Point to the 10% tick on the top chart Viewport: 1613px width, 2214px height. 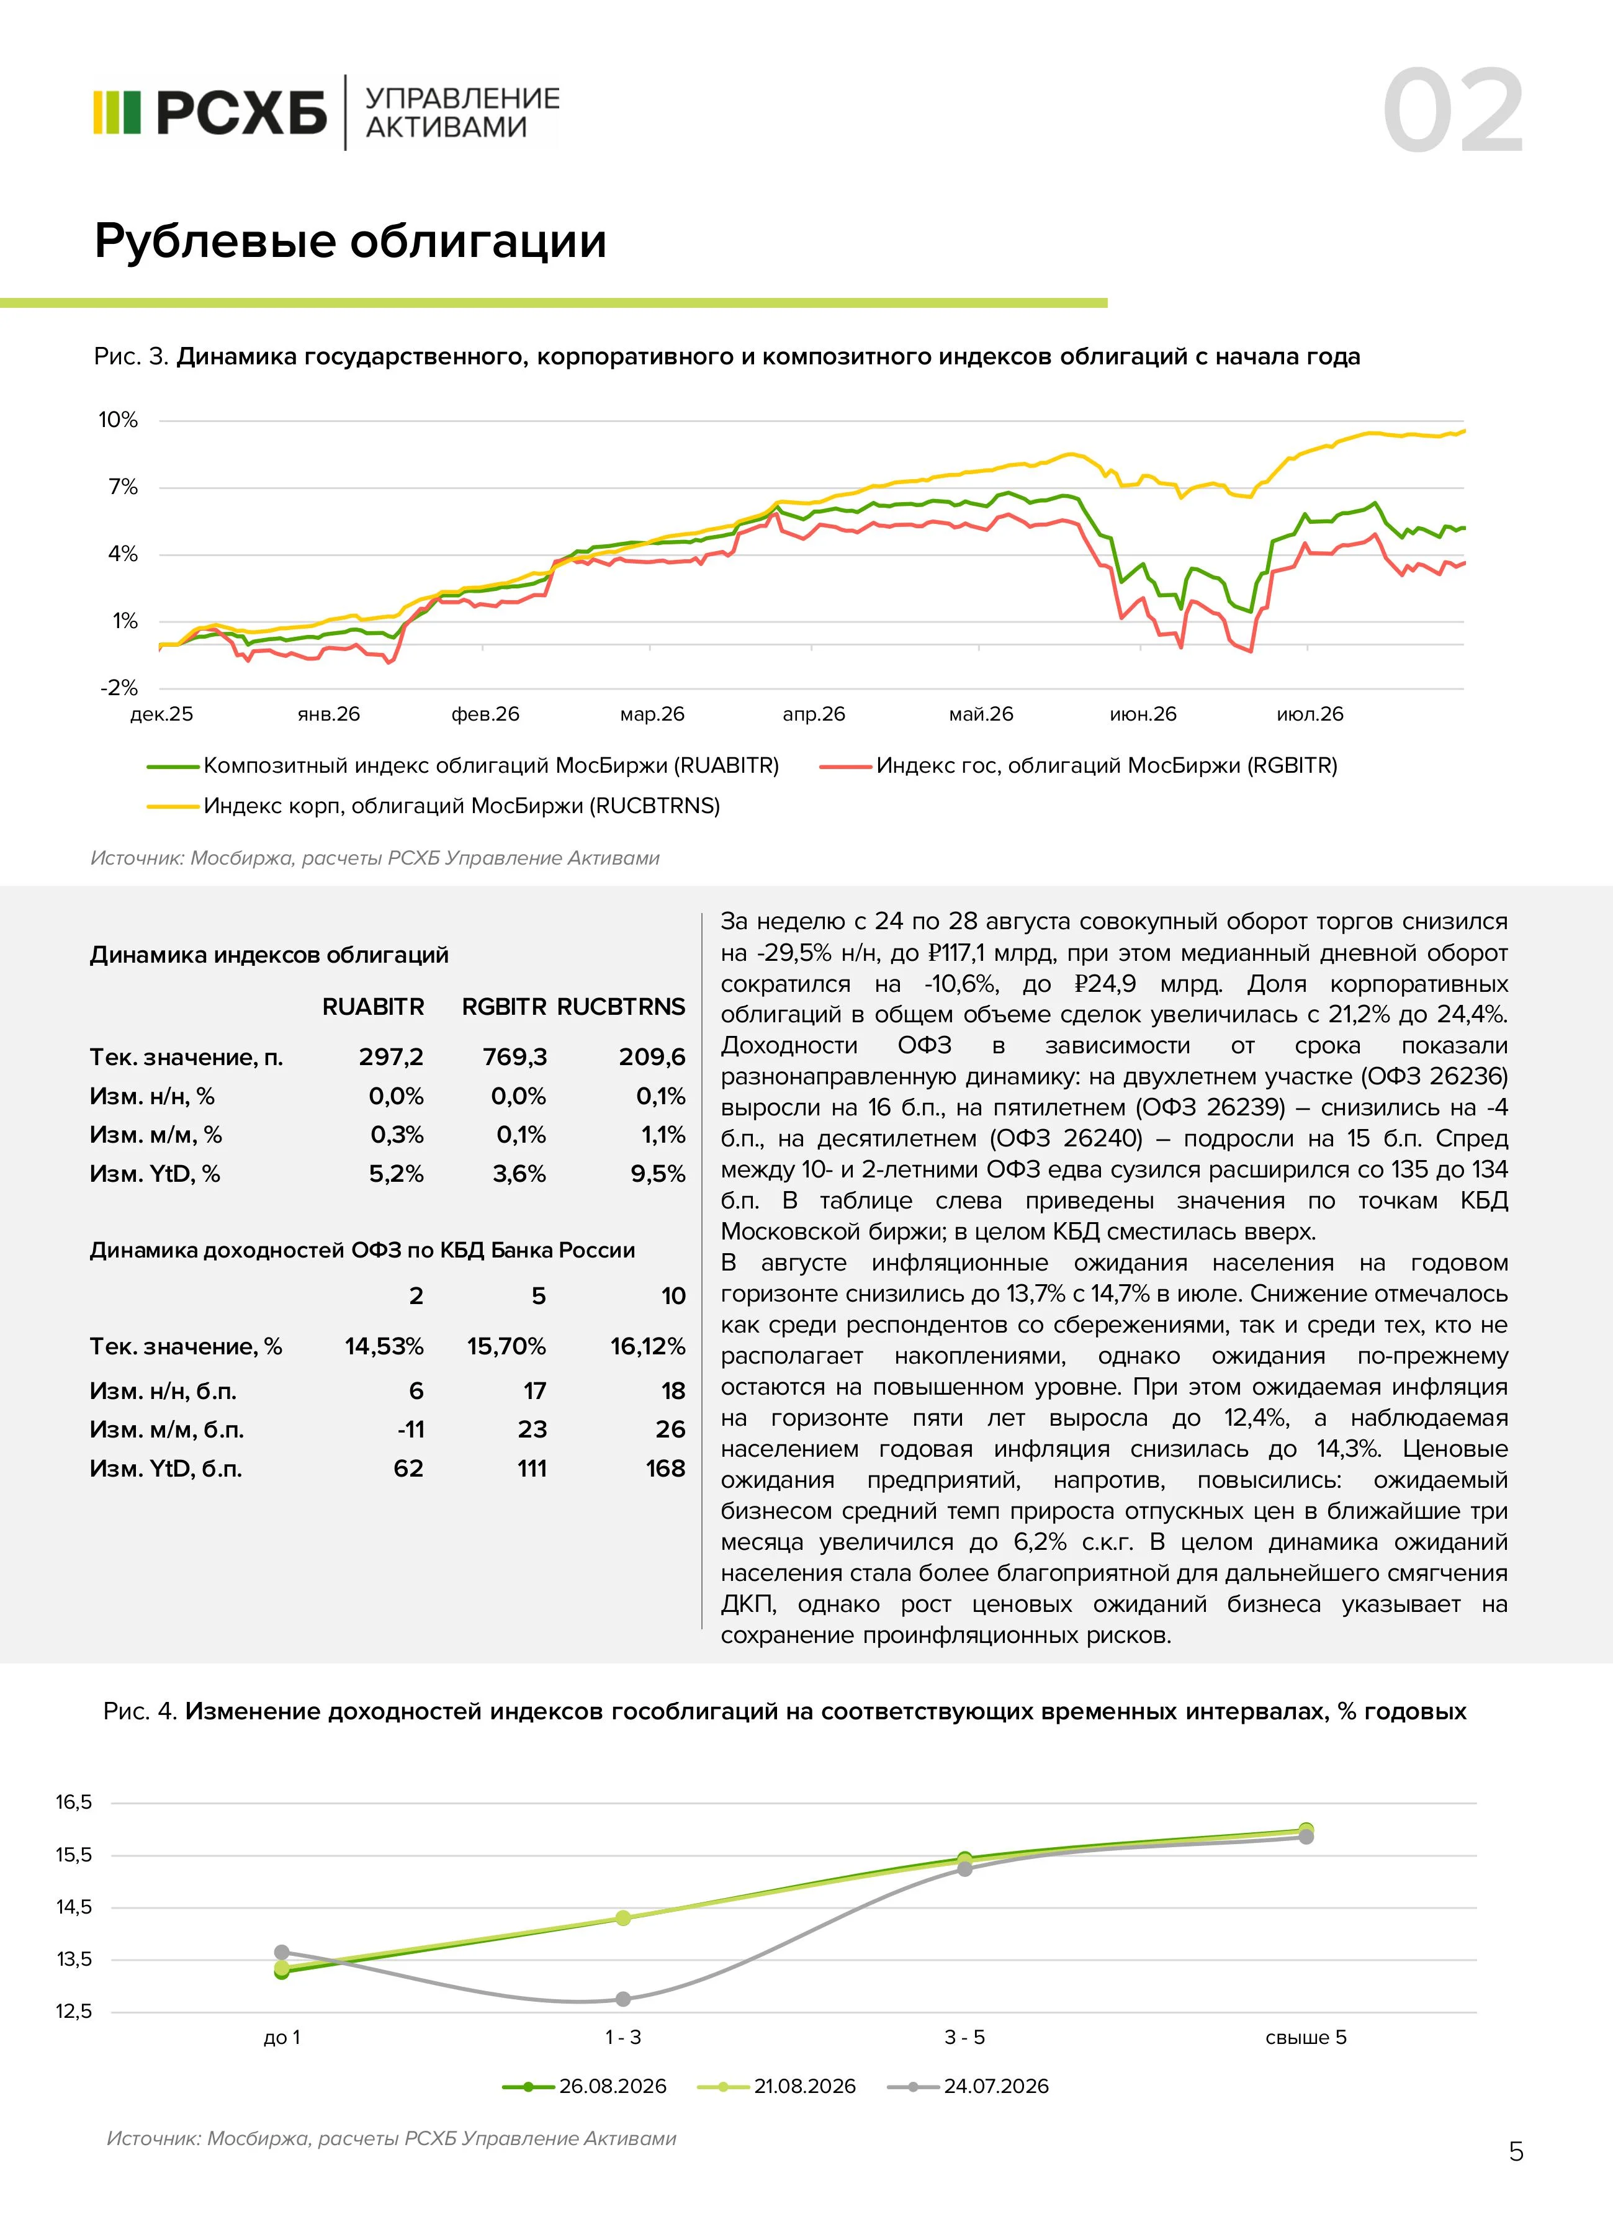click(x=118, y=420)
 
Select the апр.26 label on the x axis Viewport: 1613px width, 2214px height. click(x=814, y=714)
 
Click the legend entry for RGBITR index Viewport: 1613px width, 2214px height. click(x=1079, y=766)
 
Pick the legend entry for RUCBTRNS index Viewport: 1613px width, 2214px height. click(x=434, y=806)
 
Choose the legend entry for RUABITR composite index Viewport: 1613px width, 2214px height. click(x=463, y=766)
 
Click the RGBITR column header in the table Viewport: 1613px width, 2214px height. click(x=504, y=1007)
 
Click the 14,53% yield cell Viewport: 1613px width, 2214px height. click(x=384, y=1347)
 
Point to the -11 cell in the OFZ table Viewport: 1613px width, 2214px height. click(x=411, y=1430)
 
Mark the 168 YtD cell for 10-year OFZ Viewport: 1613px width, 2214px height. click(x=666, y=1469)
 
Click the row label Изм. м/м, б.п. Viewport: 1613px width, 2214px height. click(x=167, y=1430)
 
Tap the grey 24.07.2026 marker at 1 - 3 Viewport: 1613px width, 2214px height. click(x=623, y=1999)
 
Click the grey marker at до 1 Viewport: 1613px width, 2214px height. click(x=282, y=1952)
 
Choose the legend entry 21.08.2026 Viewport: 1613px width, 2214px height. click(x=777, y=2086)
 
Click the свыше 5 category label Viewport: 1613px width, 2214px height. click(x=1305, y=2037)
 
